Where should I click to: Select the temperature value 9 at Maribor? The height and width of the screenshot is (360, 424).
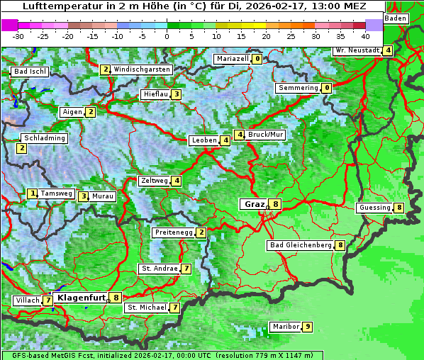(307, 327)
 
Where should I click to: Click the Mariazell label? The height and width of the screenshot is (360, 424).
(232, 59)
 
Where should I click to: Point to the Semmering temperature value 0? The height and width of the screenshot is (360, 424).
(326, 88)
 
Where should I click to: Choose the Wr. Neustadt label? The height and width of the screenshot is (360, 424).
(357, 50)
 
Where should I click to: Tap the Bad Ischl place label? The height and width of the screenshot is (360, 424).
(30, 72)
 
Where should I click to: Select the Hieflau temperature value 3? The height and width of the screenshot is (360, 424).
(176, 94)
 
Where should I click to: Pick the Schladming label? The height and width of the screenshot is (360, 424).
(45, 138)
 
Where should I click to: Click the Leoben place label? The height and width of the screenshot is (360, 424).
(204, 140)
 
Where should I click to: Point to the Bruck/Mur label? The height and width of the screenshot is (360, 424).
(266, 134)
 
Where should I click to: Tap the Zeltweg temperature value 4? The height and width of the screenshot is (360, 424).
(176, 181)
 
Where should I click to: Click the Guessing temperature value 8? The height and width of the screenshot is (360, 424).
(399, 208)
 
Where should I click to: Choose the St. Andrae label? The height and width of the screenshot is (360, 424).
(159, 269)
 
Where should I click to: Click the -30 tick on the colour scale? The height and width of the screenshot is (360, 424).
(18, 35)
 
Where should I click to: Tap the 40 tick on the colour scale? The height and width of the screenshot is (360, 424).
(365, 35)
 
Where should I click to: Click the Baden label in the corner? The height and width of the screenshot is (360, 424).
(396, 18)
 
